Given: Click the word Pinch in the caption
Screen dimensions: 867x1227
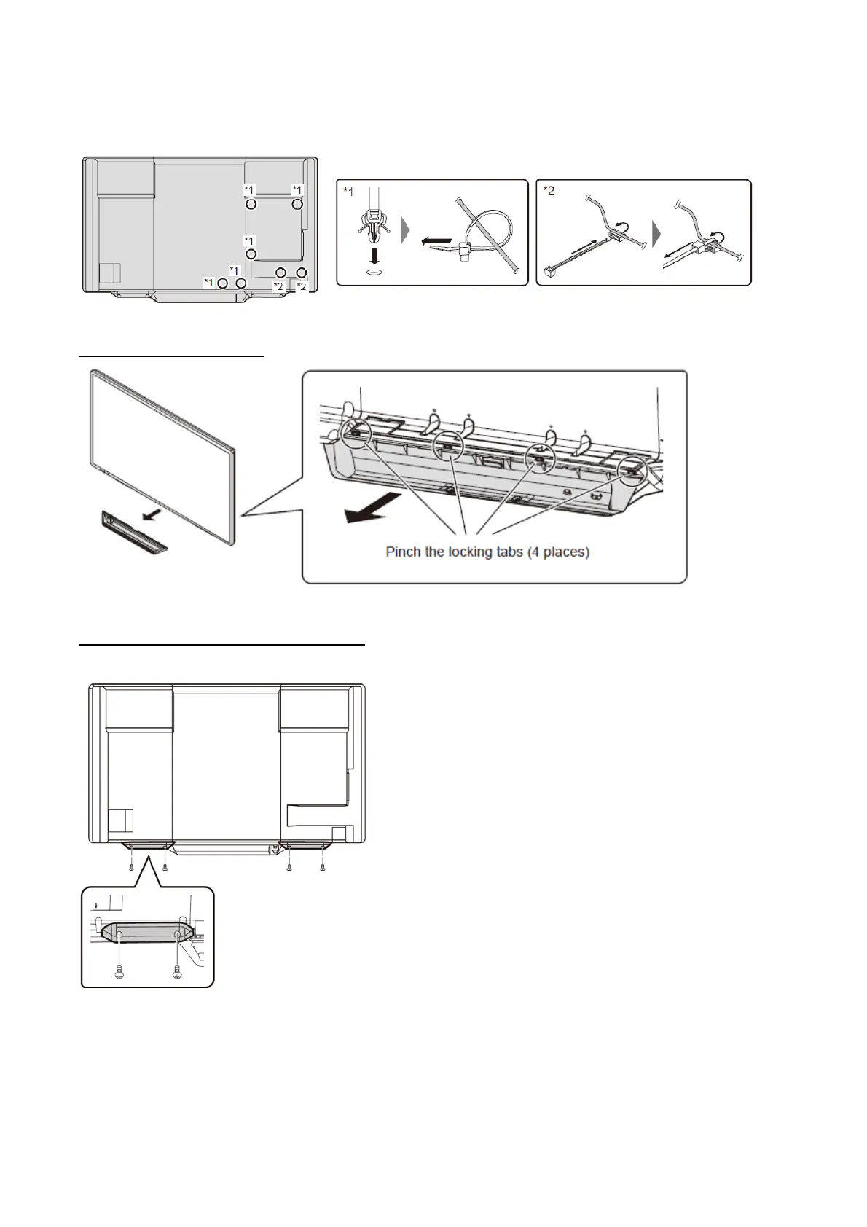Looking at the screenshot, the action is point(403,552).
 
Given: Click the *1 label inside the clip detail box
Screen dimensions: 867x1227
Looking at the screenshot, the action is point(348,192).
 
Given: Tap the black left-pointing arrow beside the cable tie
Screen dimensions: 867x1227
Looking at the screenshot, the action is point(436,238).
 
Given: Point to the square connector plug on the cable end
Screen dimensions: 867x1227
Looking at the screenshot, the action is point(544,275).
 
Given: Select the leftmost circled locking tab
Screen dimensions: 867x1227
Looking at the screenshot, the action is point(356,433).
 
